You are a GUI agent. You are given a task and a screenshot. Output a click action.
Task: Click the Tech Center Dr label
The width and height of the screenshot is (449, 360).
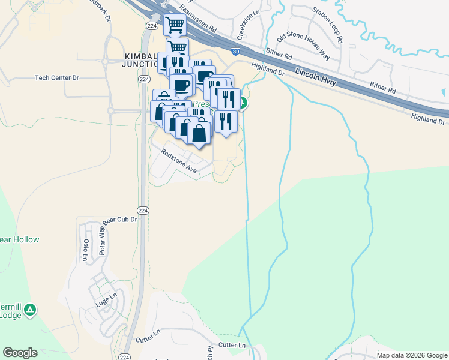coord(56,77)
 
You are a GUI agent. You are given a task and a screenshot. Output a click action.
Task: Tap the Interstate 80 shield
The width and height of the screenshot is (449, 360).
coord(237,52)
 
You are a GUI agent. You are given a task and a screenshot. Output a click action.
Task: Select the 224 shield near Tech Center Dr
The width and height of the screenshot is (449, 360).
coord(143,79)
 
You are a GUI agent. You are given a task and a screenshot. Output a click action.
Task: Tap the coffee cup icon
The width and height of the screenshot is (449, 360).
coord(181,85)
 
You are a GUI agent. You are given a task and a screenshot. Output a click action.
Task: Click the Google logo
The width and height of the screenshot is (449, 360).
coord(20,353)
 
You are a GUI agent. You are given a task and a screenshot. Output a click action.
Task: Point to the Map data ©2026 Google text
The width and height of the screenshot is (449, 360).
coord(411,355)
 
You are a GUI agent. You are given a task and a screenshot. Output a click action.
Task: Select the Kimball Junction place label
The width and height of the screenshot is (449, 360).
coord(140,60)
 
